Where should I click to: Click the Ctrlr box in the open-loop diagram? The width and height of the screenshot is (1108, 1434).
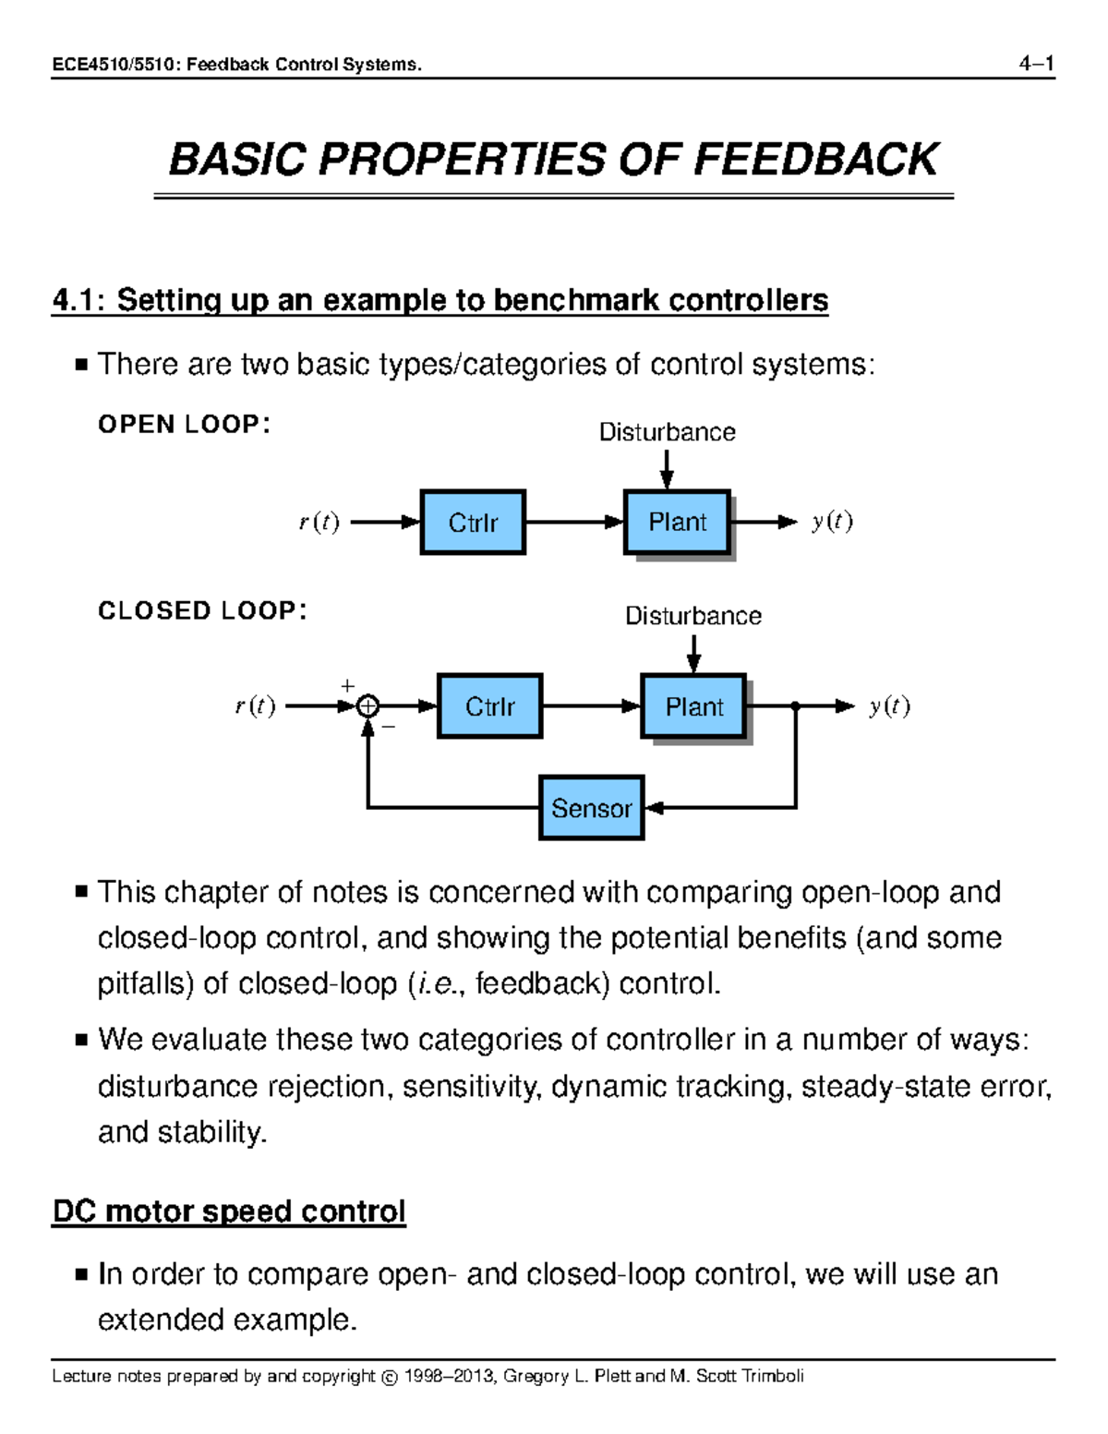(x=473, y=523)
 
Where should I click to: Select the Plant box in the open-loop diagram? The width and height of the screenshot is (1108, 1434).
(x=677, y=523)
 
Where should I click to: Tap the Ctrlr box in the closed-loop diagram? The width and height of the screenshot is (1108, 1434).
(x=489, y=706)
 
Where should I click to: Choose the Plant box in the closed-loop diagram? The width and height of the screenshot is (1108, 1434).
(x=693, y=706)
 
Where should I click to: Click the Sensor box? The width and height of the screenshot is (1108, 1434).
(x=591, y=808)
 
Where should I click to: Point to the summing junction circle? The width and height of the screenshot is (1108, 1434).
(x=367, y=706)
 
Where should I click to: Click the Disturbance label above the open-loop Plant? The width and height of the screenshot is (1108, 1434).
(x=667, y=432)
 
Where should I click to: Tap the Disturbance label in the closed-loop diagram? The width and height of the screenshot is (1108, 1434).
(x=692, y=616)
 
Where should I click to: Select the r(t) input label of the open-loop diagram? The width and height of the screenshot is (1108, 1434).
(x=319, y=523)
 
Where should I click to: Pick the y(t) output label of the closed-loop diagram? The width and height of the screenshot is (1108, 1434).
(x=888, y=706)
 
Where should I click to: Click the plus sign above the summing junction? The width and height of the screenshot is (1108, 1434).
(x=347, y=686)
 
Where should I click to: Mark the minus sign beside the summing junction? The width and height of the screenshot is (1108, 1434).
(x=389, y=727)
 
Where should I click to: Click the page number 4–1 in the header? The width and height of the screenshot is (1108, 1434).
(x=1036, y=64)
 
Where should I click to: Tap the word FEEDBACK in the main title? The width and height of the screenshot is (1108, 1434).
(x=815, y=160)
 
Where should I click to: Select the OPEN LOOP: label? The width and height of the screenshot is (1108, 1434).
(x=184, y=424)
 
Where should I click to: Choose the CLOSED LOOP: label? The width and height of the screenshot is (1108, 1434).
(x=202, y=610)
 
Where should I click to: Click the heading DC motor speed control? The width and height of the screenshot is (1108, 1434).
(x=229, y=1211)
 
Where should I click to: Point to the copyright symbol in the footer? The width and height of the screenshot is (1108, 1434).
(x=389, y=1377)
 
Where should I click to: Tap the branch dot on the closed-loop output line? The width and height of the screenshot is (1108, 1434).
(x=795, y=706)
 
